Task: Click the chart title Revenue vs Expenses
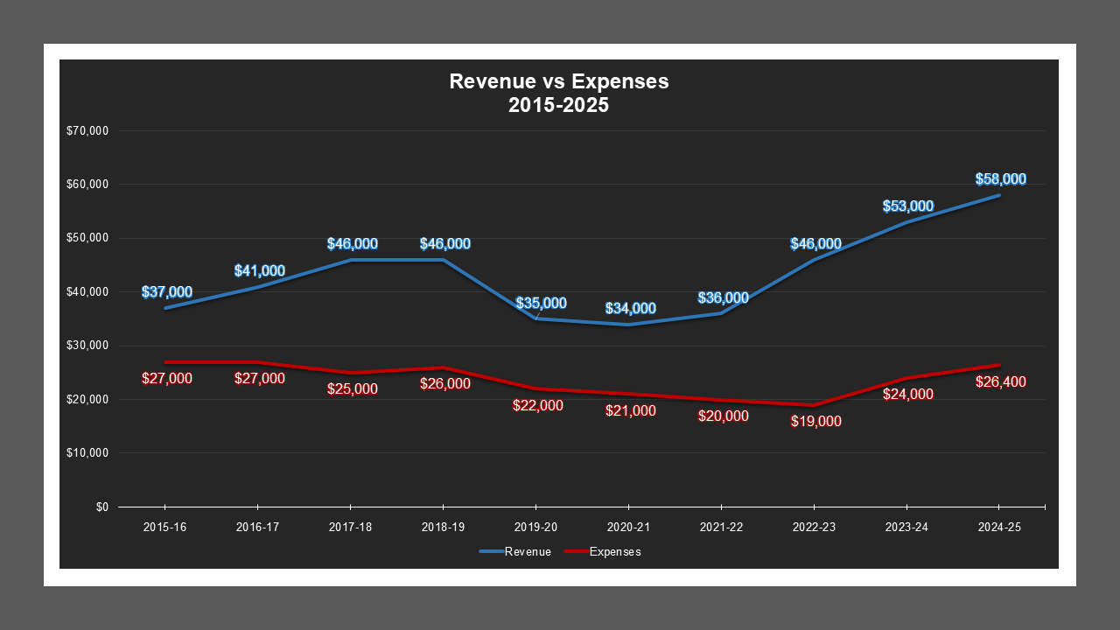tap(558, 81)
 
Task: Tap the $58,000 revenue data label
tap(1000, 179)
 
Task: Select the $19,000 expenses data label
tap(815, 422)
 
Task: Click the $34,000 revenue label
tap(630, 309)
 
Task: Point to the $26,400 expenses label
tap(1000, 382)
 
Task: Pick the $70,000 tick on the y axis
tap(87, 131)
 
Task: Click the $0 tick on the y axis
tap(101, 507)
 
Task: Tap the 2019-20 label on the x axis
tap(535, 528)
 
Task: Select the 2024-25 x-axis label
tap(999, 528)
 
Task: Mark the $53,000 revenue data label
tap(907, 206)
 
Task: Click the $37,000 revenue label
tap(166, 292)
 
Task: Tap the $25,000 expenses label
tap(352, 389)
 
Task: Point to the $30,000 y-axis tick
tap(87, 346)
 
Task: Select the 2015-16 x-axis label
tap(164, 528)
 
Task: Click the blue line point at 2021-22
tap(721, 313)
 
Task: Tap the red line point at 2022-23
tap(814, 405)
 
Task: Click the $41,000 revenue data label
tap(259, 271)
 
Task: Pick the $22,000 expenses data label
tap(537, 406)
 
